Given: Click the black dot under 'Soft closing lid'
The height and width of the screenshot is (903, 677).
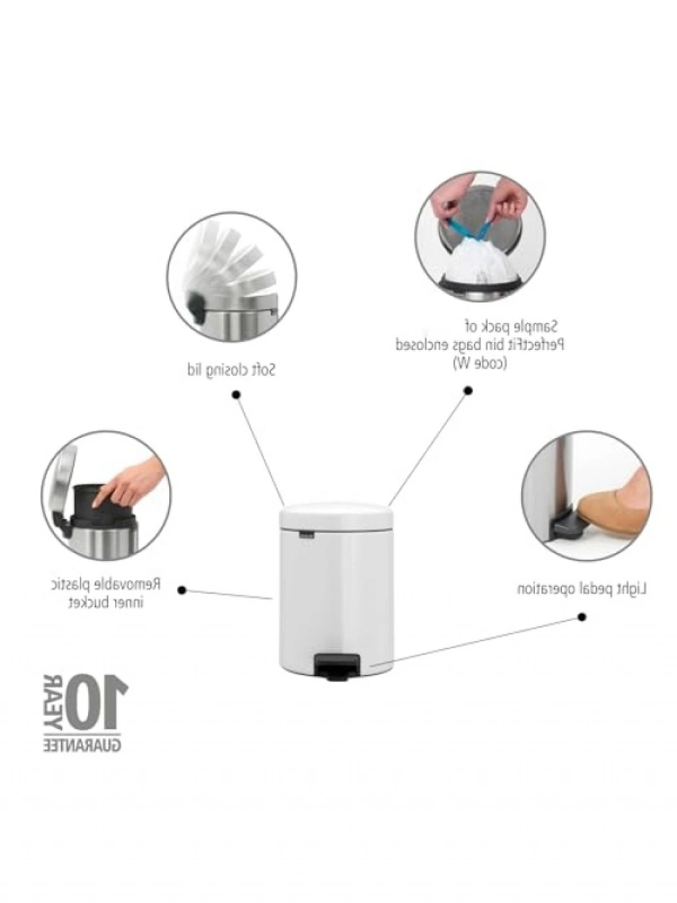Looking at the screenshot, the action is point(236,396).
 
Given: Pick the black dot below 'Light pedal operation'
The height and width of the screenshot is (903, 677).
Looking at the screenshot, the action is point(582,628).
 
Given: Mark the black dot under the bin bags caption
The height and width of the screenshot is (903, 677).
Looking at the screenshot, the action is point(467,390).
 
